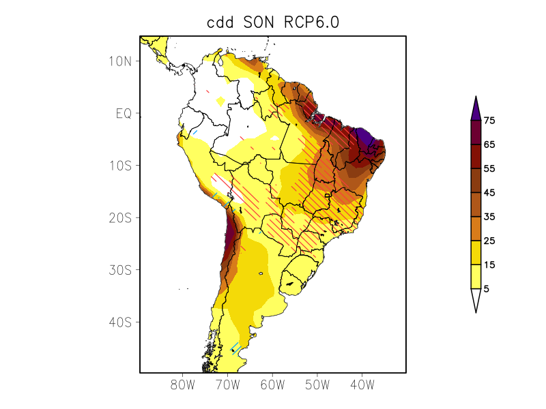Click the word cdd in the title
221,22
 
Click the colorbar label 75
489,121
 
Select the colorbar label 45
489,193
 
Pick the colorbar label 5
486,288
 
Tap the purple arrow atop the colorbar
476,108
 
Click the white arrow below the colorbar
476,301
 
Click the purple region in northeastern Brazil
367,140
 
